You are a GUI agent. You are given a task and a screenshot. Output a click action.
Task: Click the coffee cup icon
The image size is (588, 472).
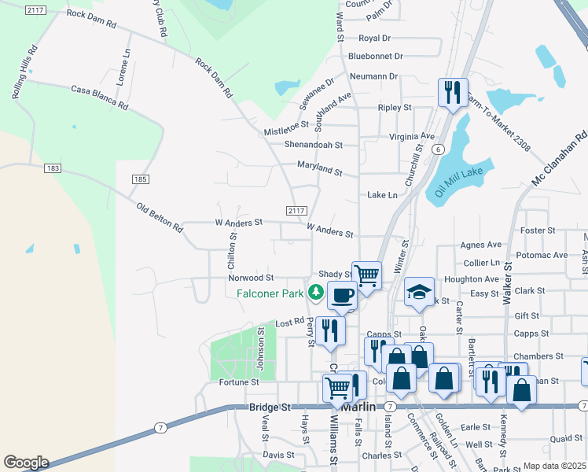point(341,295)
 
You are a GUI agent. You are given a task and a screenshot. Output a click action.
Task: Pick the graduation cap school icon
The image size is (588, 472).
point(420,292)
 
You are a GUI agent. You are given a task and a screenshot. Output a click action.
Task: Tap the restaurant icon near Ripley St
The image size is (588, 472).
point(452,92)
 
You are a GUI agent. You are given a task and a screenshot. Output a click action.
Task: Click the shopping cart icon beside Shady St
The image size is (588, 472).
point(366,275)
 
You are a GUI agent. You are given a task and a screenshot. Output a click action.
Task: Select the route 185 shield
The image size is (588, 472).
point(140,179)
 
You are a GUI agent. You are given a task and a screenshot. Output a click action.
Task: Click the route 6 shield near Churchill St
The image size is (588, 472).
point(438,149)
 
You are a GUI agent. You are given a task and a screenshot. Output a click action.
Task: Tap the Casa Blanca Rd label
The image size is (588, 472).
point(99,96)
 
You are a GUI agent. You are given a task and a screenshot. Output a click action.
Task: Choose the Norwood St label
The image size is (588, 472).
point(251,278)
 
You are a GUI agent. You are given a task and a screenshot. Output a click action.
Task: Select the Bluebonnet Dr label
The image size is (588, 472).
point(375,56)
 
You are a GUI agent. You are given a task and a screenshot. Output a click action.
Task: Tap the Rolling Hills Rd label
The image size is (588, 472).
point(24,72)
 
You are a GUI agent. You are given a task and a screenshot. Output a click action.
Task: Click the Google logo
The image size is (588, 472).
point(25,463)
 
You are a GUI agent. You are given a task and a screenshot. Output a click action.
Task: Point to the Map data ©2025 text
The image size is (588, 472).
point(554,466)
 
